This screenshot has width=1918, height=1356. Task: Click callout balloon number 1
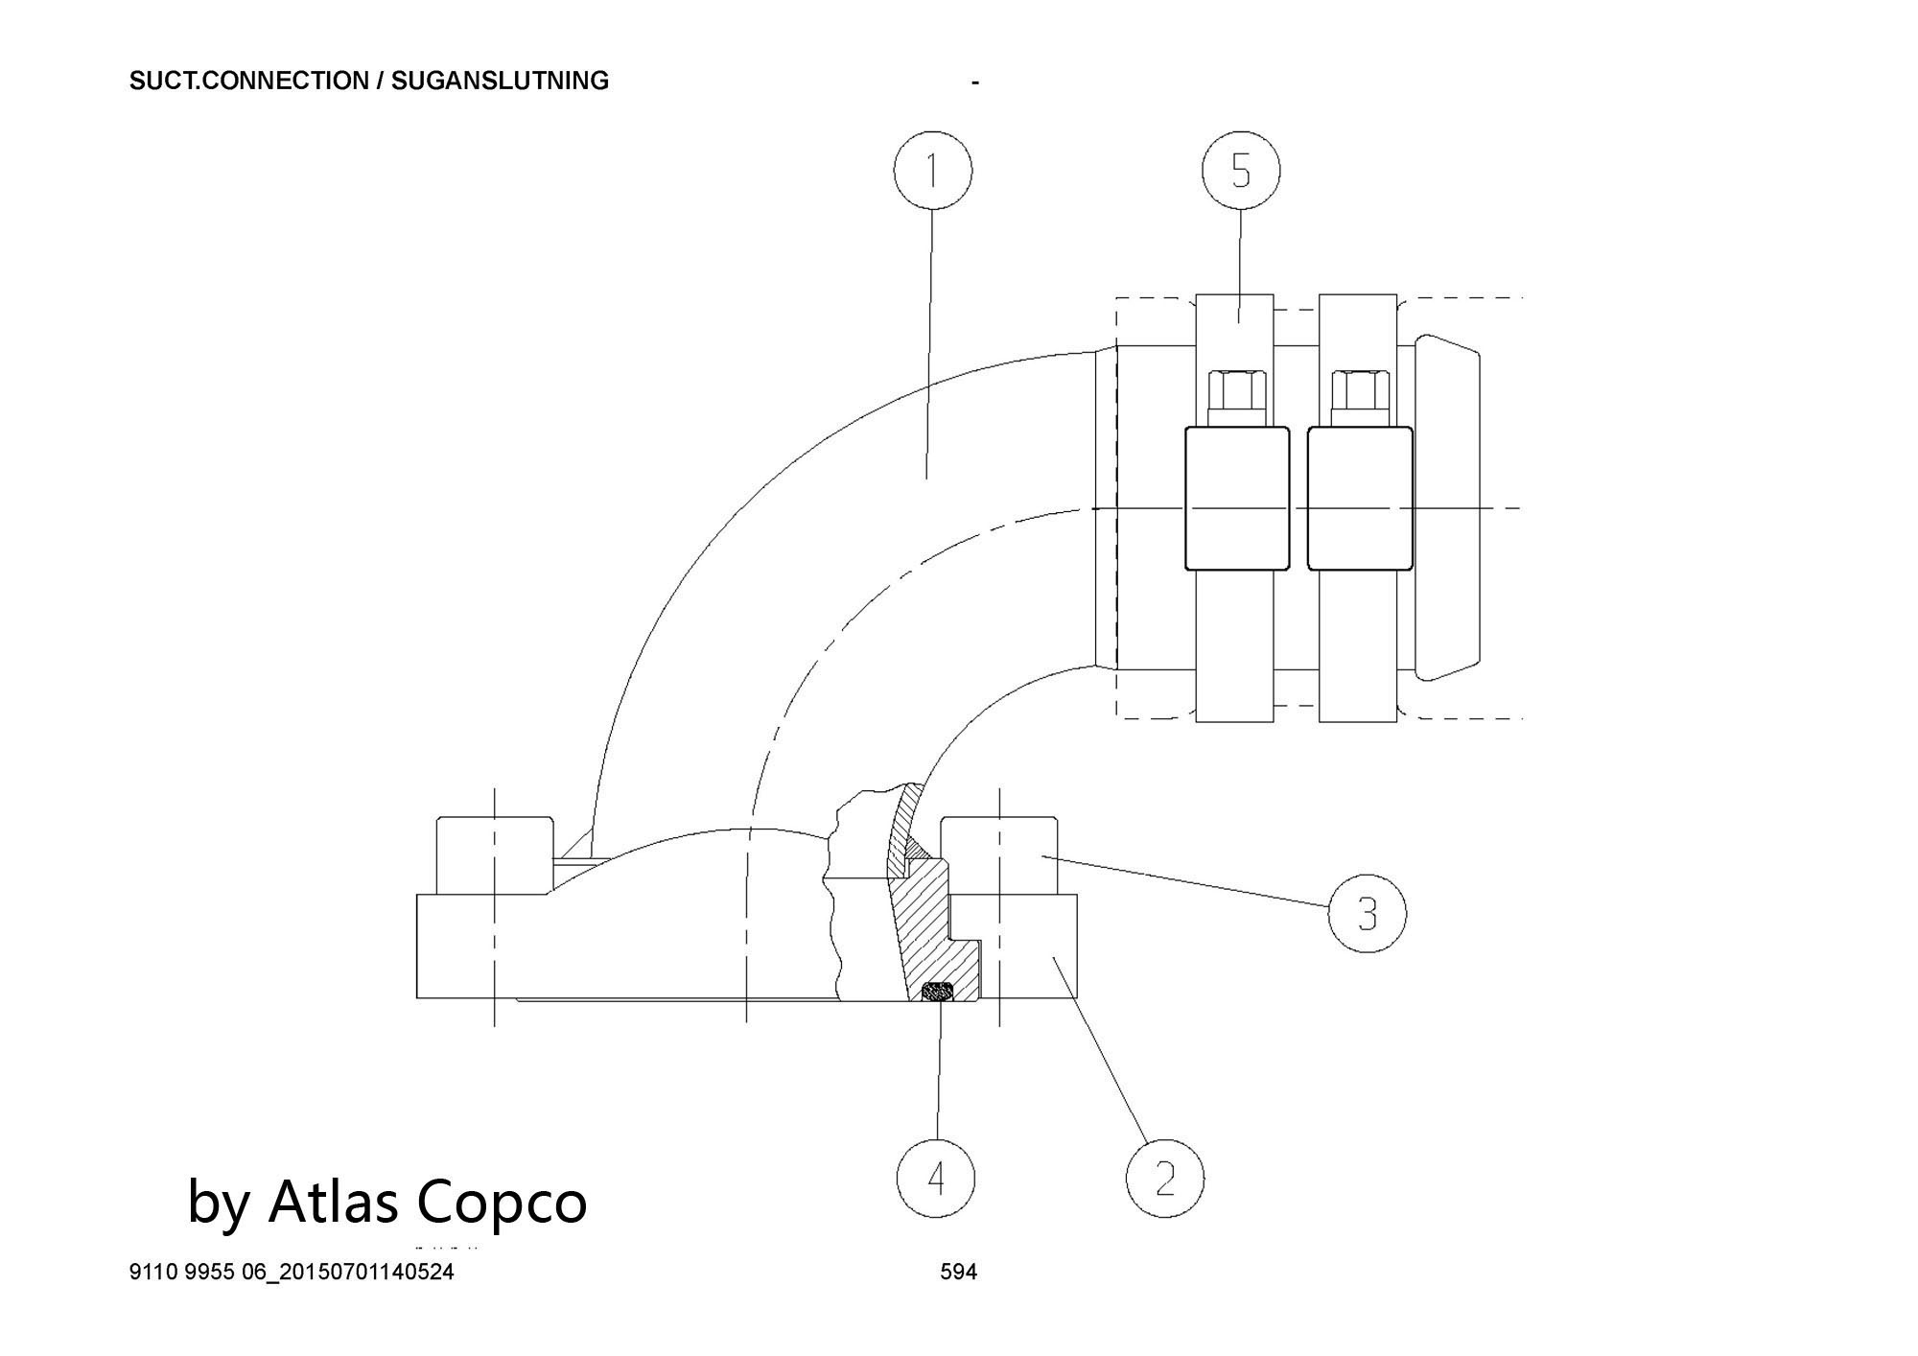point(932,172)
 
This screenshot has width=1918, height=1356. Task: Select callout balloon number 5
point(1241,172)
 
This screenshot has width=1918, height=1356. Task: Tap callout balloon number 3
point(1367,913)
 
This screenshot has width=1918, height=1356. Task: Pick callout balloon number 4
point(936,1177)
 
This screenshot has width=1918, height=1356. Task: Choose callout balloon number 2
point(1164,1177)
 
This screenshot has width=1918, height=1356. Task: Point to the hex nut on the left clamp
point(1236,390)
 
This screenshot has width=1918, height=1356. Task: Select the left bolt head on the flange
point(495,854)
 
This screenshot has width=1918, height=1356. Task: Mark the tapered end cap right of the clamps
point(1447,507)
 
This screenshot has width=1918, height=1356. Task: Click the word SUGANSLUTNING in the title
point(500,81)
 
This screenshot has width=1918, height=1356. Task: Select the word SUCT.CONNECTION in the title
point(248,81)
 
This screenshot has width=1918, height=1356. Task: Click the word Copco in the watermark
point(502,1201)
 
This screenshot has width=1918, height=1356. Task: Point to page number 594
point(958,1273)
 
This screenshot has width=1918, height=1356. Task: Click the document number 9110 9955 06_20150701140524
point(292,1273)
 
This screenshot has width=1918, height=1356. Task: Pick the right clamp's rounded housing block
point(1359,498)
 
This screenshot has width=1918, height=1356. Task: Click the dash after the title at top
point(975,83)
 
